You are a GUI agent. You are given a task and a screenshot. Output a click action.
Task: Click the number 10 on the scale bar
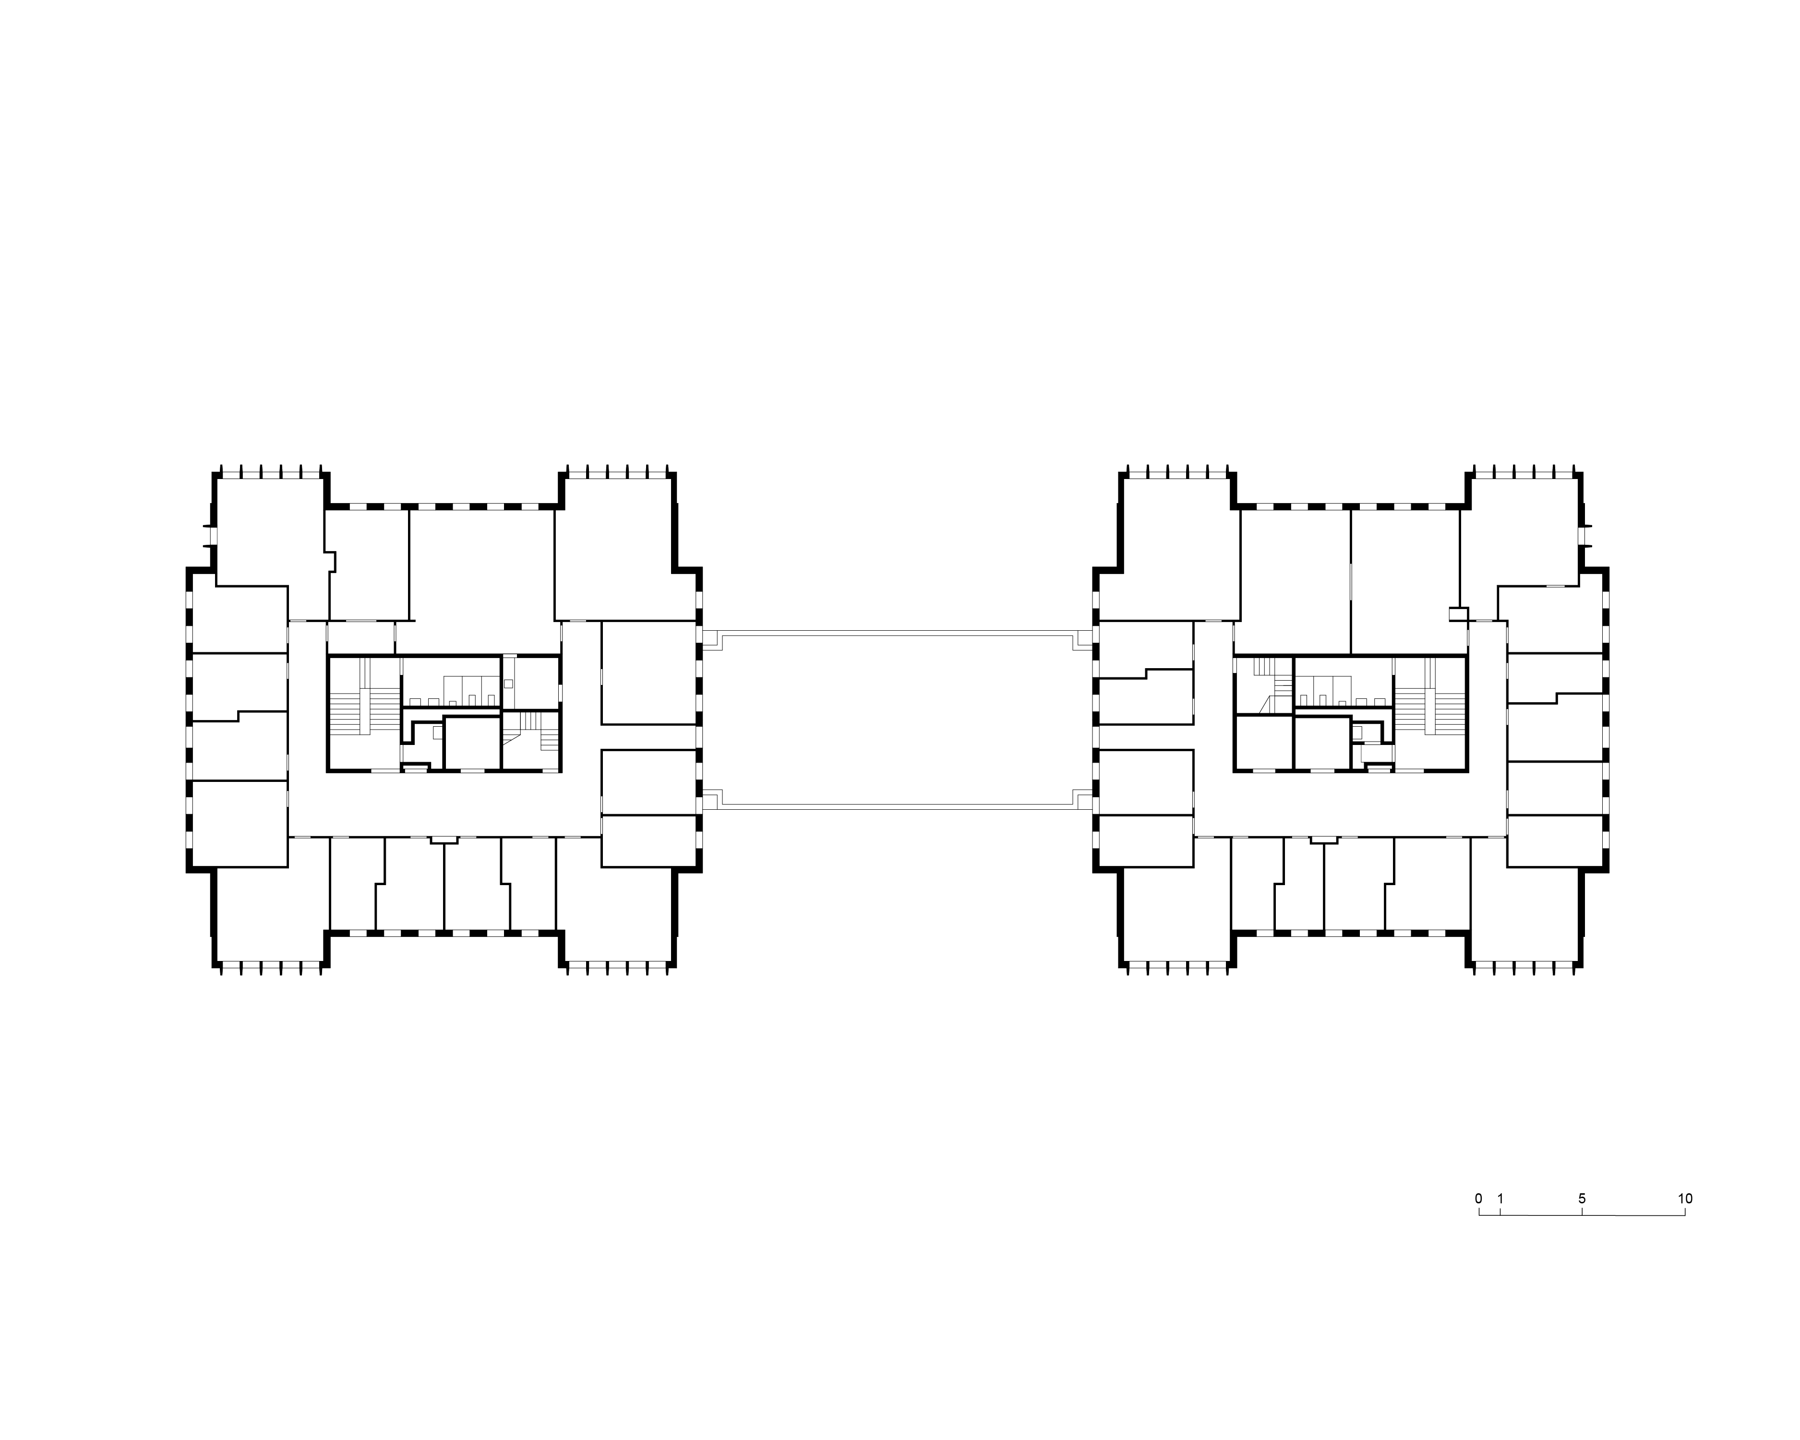pos(1685,1199)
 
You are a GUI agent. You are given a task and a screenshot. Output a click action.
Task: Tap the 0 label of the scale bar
pos(1478,1199)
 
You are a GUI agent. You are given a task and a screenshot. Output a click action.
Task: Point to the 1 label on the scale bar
pos(1500,1199)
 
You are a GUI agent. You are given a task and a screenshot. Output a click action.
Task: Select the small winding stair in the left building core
pos(530,732)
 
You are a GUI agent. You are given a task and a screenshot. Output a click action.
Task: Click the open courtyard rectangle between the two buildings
pos(898,721)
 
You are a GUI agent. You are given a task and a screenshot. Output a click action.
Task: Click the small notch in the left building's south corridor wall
pos(444,840)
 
